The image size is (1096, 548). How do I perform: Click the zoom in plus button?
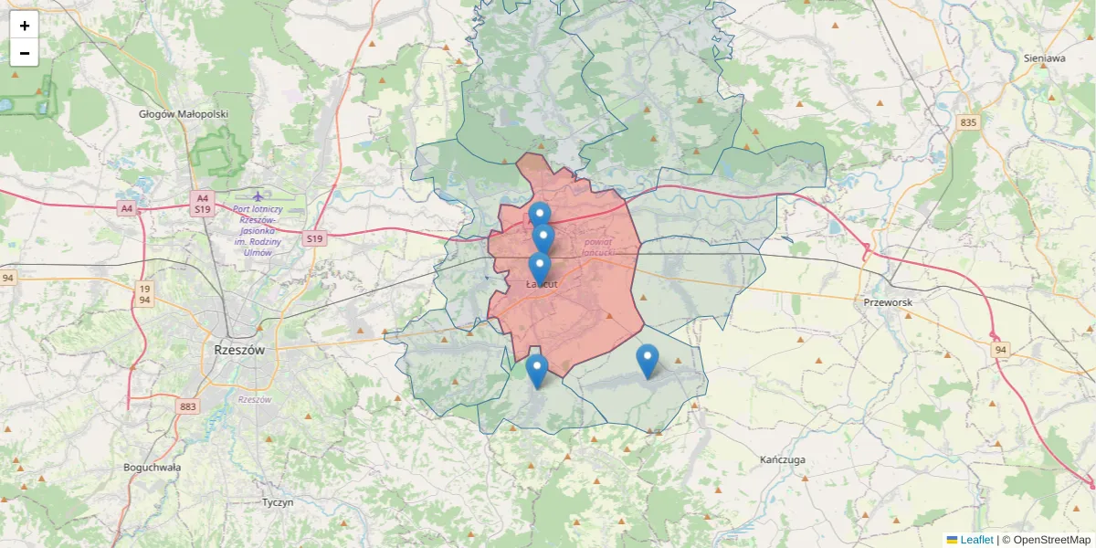[25, 26]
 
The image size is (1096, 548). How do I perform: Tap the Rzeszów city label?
[238, 350]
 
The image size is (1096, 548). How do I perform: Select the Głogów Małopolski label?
[184, 114]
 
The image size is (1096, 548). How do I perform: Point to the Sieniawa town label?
[1045, 58]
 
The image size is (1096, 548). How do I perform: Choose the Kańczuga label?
[783, 459]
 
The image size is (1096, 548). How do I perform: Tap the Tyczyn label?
[278, 502]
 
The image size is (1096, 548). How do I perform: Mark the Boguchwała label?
[153, 467]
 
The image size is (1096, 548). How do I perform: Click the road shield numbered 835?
[968, 122]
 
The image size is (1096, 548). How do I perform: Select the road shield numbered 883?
[188, 406]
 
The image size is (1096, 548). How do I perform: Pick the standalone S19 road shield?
[314, 239]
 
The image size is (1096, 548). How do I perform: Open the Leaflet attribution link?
[975, 540]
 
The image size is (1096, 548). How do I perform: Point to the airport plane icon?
[258, 195]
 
